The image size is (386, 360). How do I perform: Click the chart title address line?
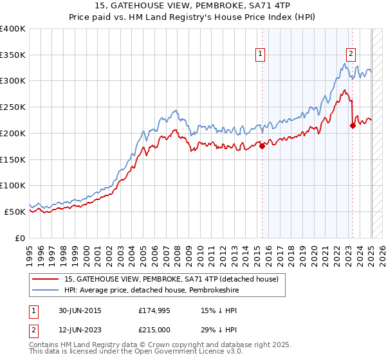pyautogui.click(x=192, y=6)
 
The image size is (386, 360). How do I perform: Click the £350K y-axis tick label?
pyautogui.click(x=13, y=55)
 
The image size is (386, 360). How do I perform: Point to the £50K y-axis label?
pyautogui.click(x=15, y=212)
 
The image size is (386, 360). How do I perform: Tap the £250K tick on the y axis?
pyautogui.click(x=13, y=107)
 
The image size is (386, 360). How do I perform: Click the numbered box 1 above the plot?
pyautogui.click(x=261, y=54)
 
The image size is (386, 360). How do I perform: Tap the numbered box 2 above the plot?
pyautogui.click(x=352, y=54)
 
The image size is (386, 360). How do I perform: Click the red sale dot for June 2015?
pyautogui.click(x=262, y=146)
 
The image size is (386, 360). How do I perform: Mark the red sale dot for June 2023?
pyautogui.click(x=353, y=125)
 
